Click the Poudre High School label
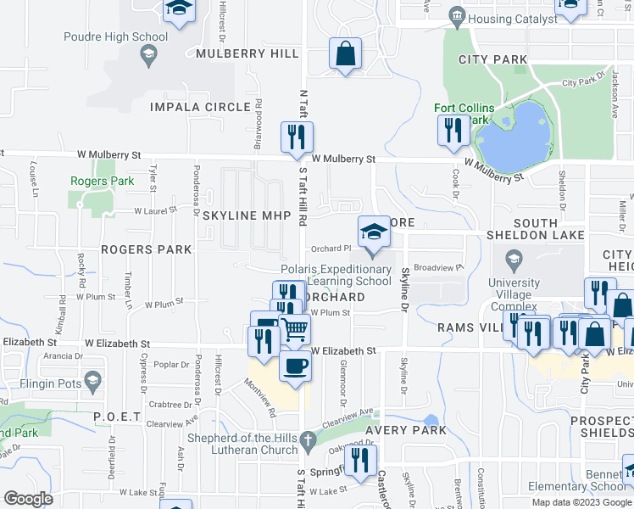[116, 36]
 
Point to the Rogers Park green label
[102, 181]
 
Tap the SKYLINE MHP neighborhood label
[236, 215]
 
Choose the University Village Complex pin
[513, 259]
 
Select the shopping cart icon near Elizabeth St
[294, 328]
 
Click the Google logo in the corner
[28, 498]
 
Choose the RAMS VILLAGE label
[469, 327]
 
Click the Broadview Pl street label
[441, 267]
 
